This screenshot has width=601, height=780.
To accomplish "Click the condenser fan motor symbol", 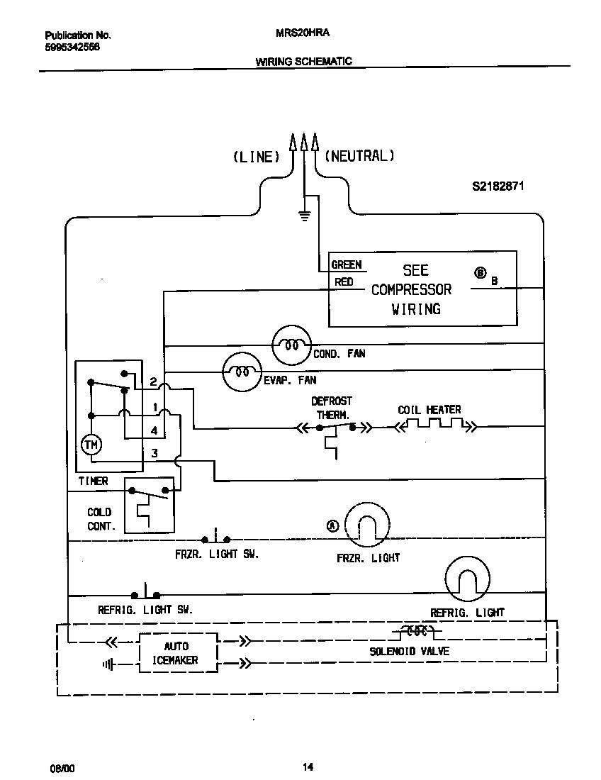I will [x=291, y=345].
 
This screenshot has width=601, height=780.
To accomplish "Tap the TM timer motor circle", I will [x=91, y=445].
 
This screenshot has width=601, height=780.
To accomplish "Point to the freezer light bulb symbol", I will [x=367, y=525].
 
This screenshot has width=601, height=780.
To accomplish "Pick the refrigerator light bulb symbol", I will [x=468, y=578].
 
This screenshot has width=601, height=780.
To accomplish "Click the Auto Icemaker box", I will [x=176, y=653].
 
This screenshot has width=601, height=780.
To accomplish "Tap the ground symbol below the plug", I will [x=305, y=216].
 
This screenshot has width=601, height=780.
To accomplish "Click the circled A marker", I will [x=333, y=525].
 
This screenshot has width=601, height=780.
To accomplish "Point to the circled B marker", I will [x=480, y=272].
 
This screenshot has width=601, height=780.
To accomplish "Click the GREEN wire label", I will [x=347, y=264].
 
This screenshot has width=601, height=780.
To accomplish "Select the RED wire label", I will [x=344, y=282].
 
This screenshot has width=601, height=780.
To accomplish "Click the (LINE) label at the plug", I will [x=257, y=157].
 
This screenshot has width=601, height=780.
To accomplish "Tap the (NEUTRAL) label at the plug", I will [x=359, y=156].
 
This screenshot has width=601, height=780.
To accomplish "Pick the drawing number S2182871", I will [x=498, y=187].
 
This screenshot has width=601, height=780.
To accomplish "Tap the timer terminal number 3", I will [x=154, y=453].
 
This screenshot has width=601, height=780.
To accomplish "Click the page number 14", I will [x=308, y=767].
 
